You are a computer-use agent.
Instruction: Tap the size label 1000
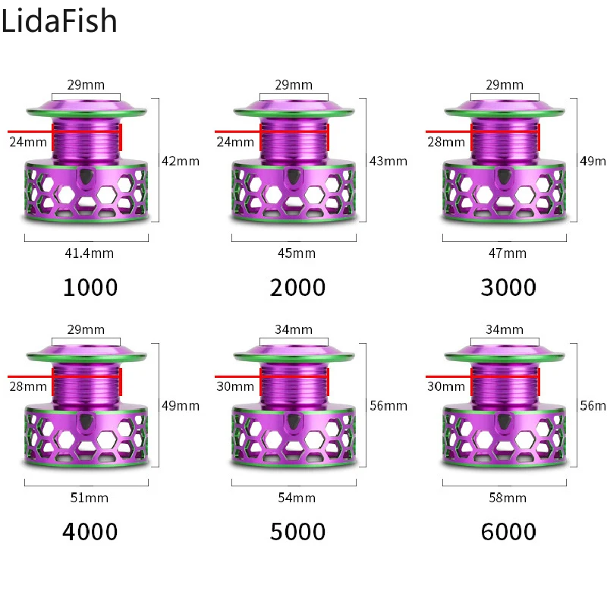click(90, 288)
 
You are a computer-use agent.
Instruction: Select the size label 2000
click(297, 288)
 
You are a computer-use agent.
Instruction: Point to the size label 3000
click(508, 288)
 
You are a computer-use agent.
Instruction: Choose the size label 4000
click(90, 532)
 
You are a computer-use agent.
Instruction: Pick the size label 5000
click(297, 532)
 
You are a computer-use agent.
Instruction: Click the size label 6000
click(508, 532)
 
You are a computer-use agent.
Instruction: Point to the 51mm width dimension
click(89, 498)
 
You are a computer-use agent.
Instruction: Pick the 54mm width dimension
click(297, 498)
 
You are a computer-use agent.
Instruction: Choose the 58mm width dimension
click(508, 498)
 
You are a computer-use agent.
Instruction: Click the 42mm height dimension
click(180, 161)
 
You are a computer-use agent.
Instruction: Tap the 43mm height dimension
click(388, 161)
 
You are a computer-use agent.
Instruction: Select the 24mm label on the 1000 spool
click(27, 142)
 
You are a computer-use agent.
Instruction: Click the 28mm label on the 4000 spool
click(27, 387)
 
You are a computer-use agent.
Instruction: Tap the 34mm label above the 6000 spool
click(505, 329)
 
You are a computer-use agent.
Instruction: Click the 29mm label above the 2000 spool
click(294, 85)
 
